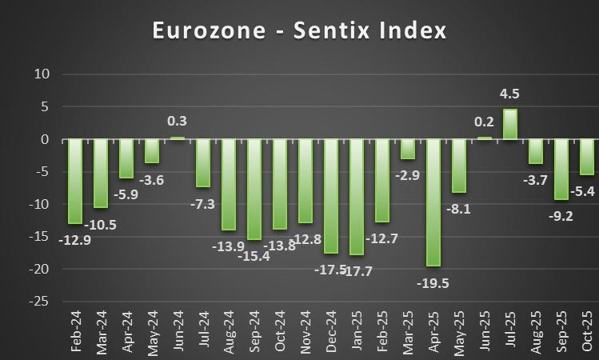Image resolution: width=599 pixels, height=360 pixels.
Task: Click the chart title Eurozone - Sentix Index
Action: click(299, 31)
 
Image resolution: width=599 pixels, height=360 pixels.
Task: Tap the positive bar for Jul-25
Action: click(510, 125)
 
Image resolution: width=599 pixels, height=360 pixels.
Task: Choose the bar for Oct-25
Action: click(587, 157)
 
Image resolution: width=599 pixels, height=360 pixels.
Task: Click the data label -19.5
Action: click(433, 282)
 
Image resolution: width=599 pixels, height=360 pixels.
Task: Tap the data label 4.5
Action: click(510, 94)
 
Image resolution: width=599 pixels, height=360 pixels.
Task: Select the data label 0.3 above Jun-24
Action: click(178, 121)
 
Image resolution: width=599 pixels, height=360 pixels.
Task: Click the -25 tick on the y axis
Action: click(41, 302)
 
